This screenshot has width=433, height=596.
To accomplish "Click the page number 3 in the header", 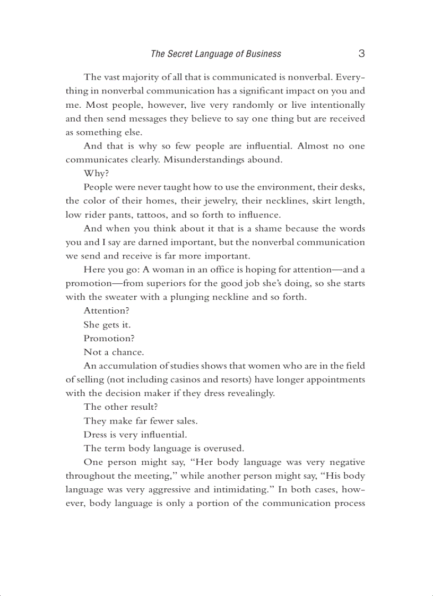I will (x=361, y=54).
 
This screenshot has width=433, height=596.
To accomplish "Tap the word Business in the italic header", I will (x=263, y=54).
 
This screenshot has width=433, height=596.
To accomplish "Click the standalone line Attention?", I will (x=106, y=310).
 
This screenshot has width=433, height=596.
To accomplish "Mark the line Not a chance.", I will (x=113, y=352).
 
